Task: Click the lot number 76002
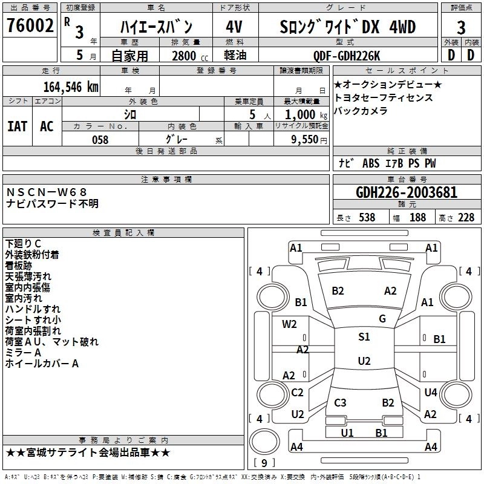pos(30,25)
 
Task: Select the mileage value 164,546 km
pos(71,87)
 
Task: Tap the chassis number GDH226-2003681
pos(407,192)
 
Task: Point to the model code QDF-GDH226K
pos(347,56)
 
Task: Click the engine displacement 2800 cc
pos(190,56)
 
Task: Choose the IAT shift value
pos(17,126)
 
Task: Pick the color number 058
pos(100,140)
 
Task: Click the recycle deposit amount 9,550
pos(305,140)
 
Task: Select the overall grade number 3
pos(461,27)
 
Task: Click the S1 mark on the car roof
pos(364,337)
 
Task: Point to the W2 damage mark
pos(289,324)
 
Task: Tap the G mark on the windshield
pos(382,319)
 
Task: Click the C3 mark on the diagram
pos(340,402)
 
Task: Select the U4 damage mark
pos(431,392)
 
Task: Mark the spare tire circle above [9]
pos(264,442)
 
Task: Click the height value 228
pos(466,218)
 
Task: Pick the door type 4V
pos(234,27)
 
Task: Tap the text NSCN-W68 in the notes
pos(47,192)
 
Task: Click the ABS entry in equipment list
pos(371,163)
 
